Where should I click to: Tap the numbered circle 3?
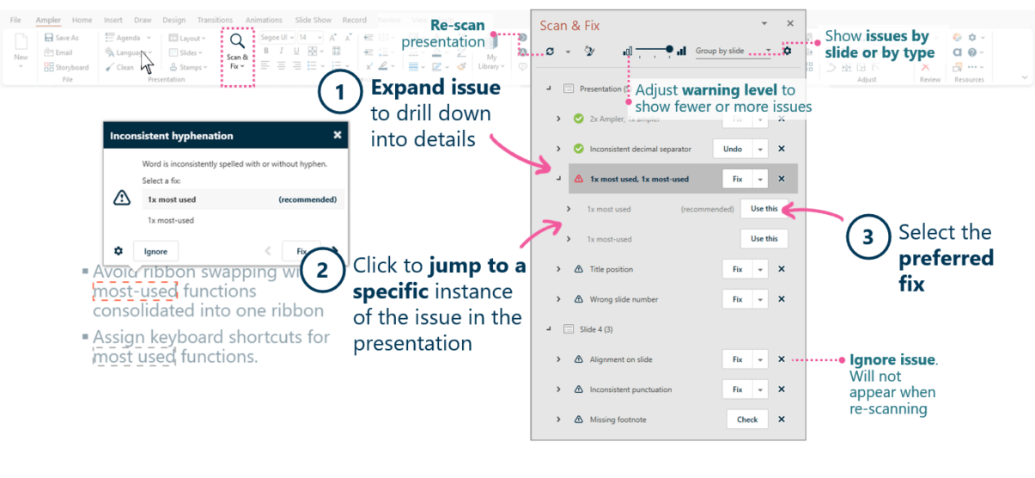pyautogui.click(x=868, y=236)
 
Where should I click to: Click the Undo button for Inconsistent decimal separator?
pyautogui.click(x=732, y=149)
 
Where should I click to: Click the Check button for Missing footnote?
pyautogui.click(x=746, y=420)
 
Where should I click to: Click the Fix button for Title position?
pyautogui.click(x=737, y=269)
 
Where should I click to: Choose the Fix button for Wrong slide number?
pyautogui.click(x=737, y=299)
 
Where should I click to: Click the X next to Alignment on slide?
pyautogui.click(x=782, y=359)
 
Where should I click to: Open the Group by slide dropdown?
pyautogui.click(x=733, y=52)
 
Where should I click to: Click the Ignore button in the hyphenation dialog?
pyautogui.click(x=155, y=252)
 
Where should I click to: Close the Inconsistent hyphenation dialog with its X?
pyautogui.click(x=338, y=135)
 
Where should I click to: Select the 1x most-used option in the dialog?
pyautogui.click(x=171, y=220)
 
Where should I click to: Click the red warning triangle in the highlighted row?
pyautogui.click(x=579, y=179)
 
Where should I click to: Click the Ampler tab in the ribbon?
pyautogui.click(x=48, y=20)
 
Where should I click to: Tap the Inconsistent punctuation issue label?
pyautogui.click(x=630, y=389)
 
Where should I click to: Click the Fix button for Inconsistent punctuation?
pyautogui.click(x=737, y=389)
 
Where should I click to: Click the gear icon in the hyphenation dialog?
pyautogui.click(x=119, y=251)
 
